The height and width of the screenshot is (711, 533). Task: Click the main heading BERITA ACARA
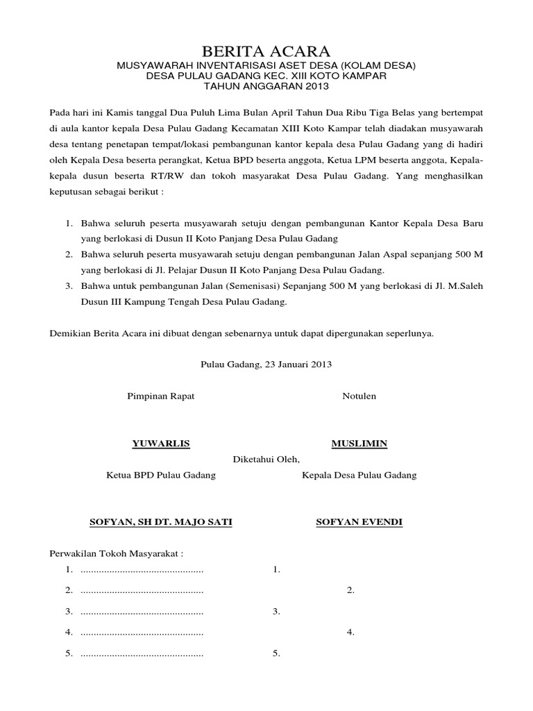(x=266, y=51)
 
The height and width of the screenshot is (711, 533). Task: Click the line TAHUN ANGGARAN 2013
(x=266, y=87)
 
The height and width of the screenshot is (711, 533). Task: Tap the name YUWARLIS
(x=161, y=444)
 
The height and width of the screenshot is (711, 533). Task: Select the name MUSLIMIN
(x=359, y=444)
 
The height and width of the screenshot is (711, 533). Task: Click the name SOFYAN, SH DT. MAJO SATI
(x=161, y=521)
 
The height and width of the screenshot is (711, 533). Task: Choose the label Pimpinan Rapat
(x=160, y=396)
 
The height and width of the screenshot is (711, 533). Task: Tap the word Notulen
(x=359, y=396)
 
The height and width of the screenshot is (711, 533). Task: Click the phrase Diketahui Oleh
(x=266, y=459)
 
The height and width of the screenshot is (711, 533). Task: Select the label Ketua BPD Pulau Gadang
(x=160, y=476)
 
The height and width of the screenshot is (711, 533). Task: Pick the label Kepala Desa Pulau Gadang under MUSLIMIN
(x=359, y=476)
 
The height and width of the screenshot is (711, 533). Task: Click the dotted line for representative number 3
(x=142, y=612)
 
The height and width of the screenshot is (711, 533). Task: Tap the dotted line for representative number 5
(x=142, y=653)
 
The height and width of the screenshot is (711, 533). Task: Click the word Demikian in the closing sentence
(x=71, y=333)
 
